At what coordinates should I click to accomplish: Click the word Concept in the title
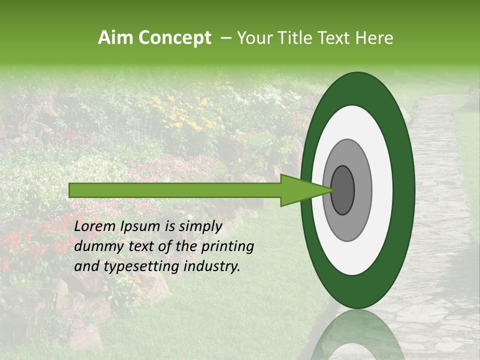(174, 38)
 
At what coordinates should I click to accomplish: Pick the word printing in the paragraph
(227, 247)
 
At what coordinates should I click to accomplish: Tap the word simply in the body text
(198, 227)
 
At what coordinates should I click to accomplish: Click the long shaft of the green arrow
(175, 190)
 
